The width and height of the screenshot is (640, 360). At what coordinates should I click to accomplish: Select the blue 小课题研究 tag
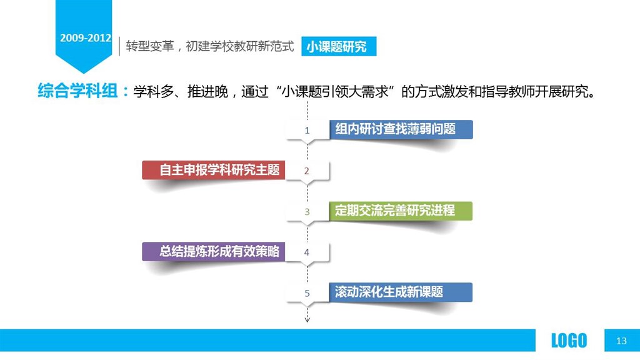pyautogui.click(x=339, y=46)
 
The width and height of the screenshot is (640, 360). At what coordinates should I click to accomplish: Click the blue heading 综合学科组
pyautogui.click(x=77, y=91)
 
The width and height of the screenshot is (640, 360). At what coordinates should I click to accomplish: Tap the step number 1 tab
pyautogui.click(x=307, y=131)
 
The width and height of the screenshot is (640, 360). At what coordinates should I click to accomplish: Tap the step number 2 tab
pyautogui.click(x=307, y=171)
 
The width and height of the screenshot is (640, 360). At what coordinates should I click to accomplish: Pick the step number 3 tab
pyautogui.click(x=307, y=212)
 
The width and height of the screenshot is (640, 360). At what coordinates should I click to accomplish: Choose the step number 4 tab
pyautogui.click(x=307, y=252)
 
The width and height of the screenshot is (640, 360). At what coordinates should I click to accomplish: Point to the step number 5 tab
pyautogui.click(x=307, y=293)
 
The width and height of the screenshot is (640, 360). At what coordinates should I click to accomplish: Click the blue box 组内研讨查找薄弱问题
pyautogui.click(x=401, y=129)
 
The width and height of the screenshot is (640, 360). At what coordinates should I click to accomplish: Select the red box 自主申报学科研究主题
pyautogui.click(x=214, y=170)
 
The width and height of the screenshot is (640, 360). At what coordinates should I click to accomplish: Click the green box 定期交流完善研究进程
pyautogui.click(x=401, y=211)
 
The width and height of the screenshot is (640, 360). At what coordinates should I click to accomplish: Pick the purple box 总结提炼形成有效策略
pyautogui.click(x=214, y=251)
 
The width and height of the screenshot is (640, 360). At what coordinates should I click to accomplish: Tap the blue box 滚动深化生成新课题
pyautogui.click(x=401, y=292)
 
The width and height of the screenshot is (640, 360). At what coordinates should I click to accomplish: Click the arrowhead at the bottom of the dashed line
pyautogui.click(x=307, y=320)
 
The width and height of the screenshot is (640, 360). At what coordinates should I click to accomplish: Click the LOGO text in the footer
pyautogui.click(x=569, y=341)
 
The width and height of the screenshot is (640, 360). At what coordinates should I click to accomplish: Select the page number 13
pyautogui.click(x=621, y=341)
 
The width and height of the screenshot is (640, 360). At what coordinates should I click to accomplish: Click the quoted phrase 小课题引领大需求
pyautogui.click(x=335, y=91)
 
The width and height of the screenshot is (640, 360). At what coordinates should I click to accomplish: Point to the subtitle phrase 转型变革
pyautogui.click(x=150, y=46)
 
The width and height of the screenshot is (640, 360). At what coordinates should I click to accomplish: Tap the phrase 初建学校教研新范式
pyautogui.click(x=239, y=46)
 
